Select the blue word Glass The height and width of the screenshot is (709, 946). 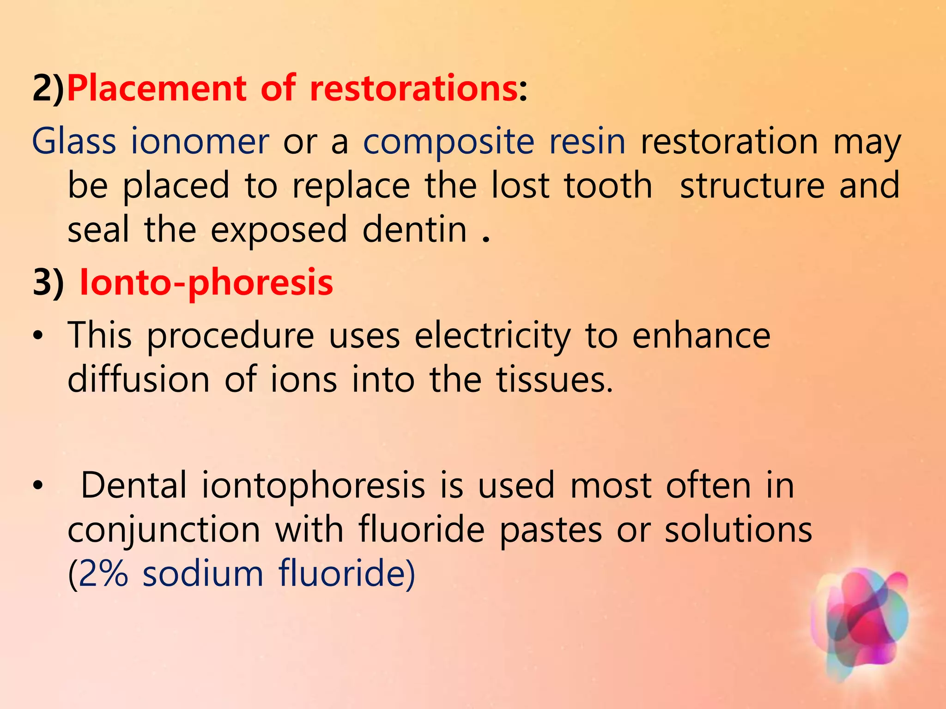click(x=74, y=141)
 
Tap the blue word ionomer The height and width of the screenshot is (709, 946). click(x=200, y=141)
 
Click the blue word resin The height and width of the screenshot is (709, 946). click(x=587, y=141)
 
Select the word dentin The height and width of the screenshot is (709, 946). click(x=414, y=229)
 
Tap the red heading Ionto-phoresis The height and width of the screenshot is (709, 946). click(x=206, y=282)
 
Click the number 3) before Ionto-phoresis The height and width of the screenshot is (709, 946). click(x=48, y=282)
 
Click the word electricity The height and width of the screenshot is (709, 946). click(x=492, y=336)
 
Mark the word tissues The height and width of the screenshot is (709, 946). click(x=554, y=379)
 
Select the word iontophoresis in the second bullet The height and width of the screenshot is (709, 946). click(x=313, y=486)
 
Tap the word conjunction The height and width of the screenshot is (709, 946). click(x=164, y=530)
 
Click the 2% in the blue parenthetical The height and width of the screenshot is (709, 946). click(x=103, y=574)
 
